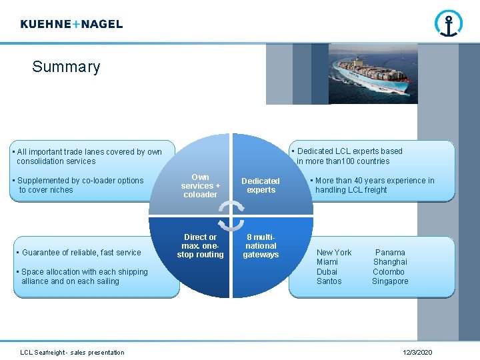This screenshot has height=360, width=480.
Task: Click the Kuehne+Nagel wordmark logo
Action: coord(71,24)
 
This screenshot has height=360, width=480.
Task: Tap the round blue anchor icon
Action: coord(449,24)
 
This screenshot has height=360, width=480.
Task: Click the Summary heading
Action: coord(66,67)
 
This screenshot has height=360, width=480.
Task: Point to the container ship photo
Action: coord(373,74)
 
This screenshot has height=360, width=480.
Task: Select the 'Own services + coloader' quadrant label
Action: coord(200,186)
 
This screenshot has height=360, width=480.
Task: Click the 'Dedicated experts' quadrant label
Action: coord(261,185)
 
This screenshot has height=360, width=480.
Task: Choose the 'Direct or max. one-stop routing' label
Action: coord(200,246)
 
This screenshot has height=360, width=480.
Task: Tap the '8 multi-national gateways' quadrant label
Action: coord(261,246)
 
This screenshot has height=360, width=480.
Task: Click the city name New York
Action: coord(334,253)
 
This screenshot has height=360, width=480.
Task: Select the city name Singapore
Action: coord(390,281)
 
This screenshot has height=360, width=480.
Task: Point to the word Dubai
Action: coord(327,272)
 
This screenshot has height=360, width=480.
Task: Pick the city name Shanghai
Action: coord(390,262)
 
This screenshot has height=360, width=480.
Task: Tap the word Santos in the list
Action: coord(329,281)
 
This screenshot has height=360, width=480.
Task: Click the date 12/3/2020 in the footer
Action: coord(417,352)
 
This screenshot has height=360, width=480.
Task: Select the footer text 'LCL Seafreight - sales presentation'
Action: coord(72,352)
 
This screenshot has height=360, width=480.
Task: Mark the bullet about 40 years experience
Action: coord(373,185)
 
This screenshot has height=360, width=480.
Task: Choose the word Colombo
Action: coord(389,272)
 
